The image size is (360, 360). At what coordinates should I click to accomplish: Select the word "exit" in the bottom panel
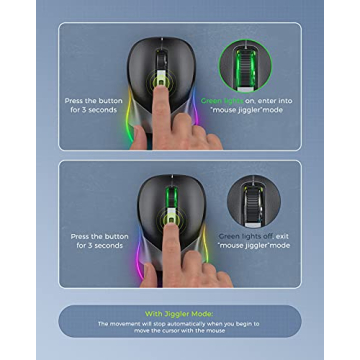(x=283, y=237)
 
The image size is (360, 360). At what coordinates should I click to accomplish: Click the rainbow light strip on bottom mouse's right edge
(x=201, y=246)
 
